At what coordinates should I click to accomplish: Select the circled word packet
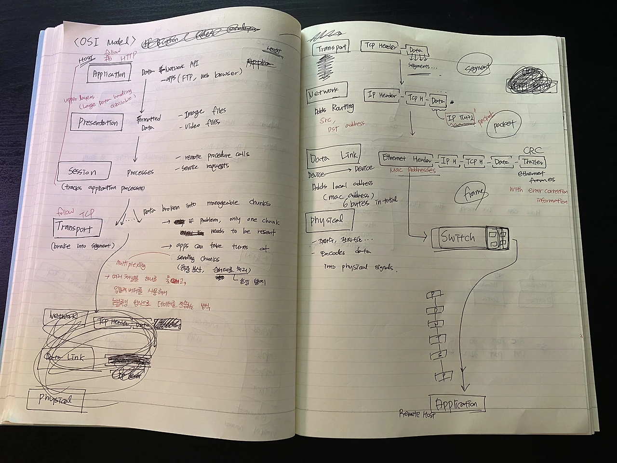click(503, 124)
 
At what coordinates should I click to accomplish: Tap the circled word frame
click(472, 193)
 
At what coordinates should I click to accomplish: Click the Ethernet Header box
click(406, 159)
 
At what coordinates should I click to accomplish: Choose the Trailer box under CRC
click(532, 162)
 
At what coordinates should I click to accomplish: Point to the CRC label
click(533, 151)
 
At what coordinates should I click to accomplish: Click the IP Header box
click(382, 95)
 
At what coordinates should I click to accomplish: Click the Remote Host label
click(417, 413)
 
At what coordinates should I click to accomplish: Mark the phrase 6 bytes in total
click(368, 202)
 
